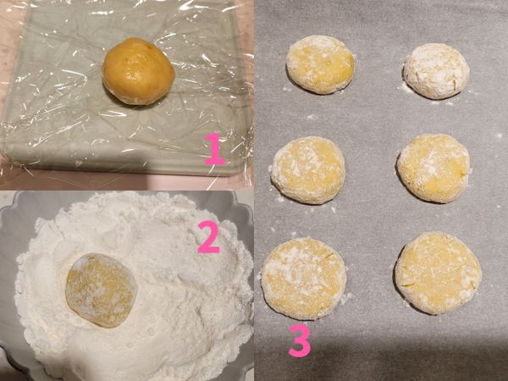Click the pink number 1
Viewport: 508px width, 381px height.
(x=215, y=149)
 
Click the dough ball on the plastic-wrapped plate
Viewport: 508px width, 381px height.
(x=138, y=71)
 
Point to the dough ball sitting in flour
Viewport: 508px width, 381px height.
(x=101, y=290)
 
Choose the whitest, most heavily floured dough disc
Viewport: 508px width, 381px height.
(x=436, y=70)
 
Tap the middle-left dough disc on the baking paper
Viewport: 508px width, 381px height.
(x=308, y=169)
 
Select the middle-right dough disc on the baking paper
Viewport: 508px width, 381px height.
(x=433, y=167)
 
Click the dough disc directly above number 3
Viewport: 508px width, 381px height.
(x=302, y=278)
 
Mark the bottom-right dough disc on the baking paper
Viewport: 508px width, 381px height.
(x=437, y=273)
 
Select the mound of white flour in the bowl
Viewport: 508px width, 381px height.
(x=169, y=254)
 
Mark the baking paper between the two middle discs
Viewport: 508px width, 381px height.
(x=371, y=169)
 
